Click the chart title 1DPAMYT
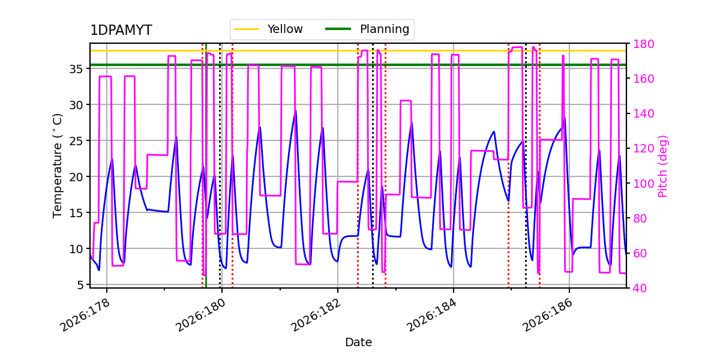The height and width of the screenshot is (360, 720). (121, 30)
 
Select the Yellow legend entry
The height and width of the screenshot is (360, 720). (269, 29)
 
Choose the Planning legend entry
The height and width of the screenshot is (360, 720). (367, 29)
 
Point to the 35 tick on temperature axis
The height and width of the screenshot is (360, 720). (76, 69)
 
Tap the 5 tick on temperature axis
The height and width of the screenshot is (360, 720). (80, 285)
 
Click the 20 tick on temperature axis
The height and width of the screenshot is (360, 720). (76, 177)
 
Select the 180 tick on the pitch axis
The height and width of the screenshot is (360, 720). (643, 44)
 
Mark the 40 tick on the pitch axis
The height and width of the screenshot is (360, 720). (640, 288)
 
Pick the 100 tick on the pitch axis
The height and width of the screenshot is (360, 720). (643, 184)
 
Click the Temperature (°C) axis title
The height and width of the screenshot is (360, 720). (57, 166)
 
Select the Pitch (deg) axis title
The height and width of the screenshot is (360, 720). (663, 166)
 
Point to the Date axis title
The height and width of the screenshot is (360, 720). (358, 343)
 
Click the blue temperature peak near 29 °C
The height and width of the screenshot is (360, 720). (296, 111)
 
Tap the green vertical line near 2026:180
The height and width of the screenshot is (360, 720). (206, 166)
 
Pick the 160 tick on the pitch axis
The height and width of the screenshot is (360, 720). (643, 79)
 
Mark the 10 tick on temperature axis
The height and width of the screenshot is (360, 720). (76, 249)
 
